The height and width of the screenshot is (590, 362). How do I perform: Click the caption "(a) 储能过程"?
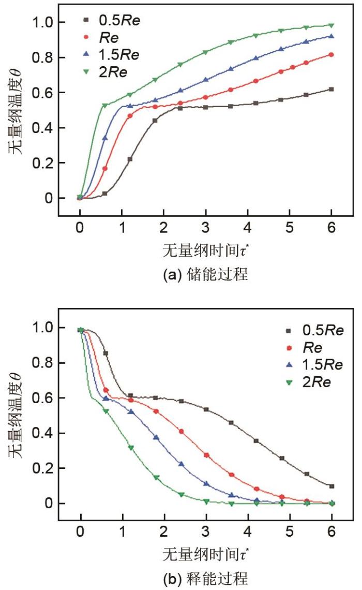[x=205, y=275]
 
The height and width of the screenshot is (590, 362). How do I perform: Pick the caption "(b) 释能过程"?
[x=205, y=579]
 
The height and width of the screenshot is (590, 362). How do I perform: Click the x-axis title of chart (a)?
[x=205, y=252]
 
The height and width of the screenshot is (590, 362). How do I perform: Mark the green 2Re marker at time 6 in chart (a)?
[x=331, y=25]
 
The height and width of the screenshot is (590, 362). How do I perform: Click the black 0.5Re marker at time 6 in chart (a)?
[x=331, y=89]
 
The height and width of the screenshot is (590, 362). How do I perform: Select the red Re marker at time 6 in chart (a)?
[x=331, y=54]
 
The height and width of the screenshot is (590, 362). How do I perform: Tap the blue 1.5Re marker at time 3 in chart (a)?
[x=206, y=80]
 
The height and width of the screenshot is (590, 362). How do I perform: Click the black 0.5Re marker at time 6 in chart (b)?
[x=331, y=486]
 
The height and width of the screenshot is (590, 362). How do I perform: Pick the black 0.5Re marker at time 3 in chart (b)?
[x=206, y=409]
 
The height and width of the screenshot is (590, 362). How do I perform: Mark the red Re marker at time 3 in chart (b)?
[x=206, y=455]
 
